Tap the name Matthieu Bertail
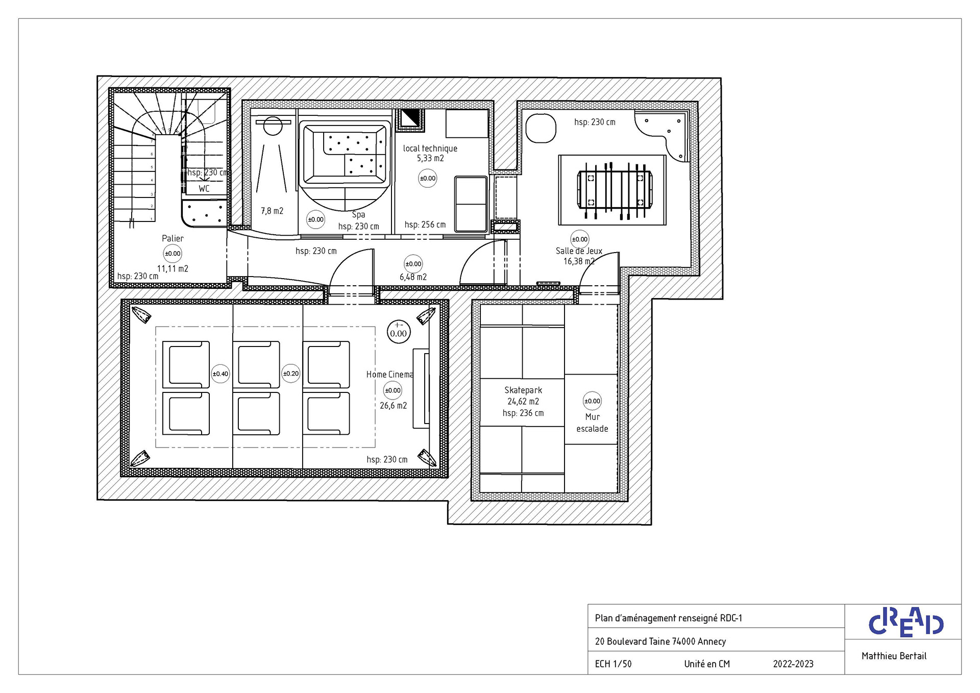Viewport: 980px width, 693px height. coord(894,656)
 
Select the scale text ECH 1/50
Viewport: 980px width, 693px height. coord(613,664)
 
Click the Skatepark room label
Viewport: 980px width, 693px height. coord(523,390)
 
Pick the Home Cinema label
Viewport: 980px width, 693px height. coord(389,375)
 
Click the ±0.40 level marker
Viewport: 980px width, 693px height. coord(220,374)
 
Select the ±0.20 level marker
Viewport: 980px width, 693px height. coord(291,374)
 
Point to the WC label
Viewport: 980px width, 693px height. coord(204,189)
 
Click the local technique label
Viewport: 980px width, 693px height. coord(430,148)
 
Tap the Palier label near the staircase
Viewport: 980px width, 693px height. coord(173,238)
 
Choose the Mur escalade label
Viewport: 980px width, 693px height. coord(592,423)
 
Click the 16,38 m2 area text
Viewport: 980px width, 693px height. coord(579,261)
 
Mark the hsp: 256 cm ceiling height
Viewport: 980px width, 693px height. coord(425,225)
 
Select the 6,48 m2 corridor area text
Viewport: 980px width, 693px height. coord(413,277)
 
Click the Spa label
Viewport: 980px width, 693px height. coord(358,215)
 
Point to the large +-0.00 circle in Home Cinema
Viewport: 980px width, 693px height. coord(399,331)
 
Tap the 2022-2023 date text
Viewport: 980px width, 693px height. coord(793,664)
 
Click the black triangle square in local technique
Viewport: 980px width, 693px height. coord(409,118)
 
